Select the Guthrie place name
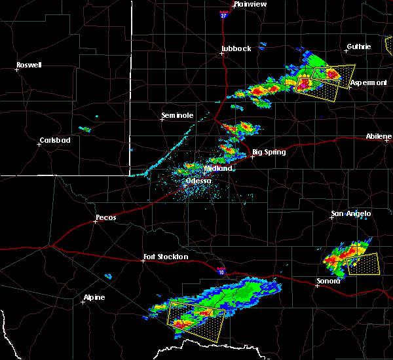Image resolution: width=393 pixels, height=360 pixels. [358, 46]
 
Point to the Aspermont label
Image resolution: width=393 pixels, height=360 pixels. [368, 82]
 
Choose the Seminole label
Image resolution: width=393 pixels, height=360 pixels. [178, 116]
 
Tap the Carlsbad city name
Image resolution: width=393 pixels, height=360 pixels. [55, 140]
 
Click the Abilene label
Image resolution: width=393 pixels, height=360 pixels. [379, 136]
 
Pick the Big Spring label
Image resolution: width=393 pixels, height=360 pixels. [269, 152]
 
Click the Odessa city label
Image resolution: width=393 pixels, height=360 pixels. [198, 181]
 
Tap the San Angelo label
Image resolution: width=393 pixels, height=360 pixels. [350, 213]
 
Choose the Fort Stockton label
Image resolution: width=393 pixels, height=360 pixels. [166, 257]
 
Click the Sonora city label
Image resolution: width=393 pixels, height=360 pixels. [328, 281]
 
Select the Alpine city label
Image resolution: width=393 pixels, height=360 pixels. [93, 298]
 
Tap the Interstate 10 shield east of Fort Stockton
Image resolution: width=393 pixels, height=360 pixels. [221, 270]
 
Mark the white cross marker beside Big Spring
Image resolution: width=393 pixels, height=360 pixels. [252, 156]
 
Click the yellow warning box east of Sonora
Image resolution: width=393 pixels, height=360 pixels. [364, 264]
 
